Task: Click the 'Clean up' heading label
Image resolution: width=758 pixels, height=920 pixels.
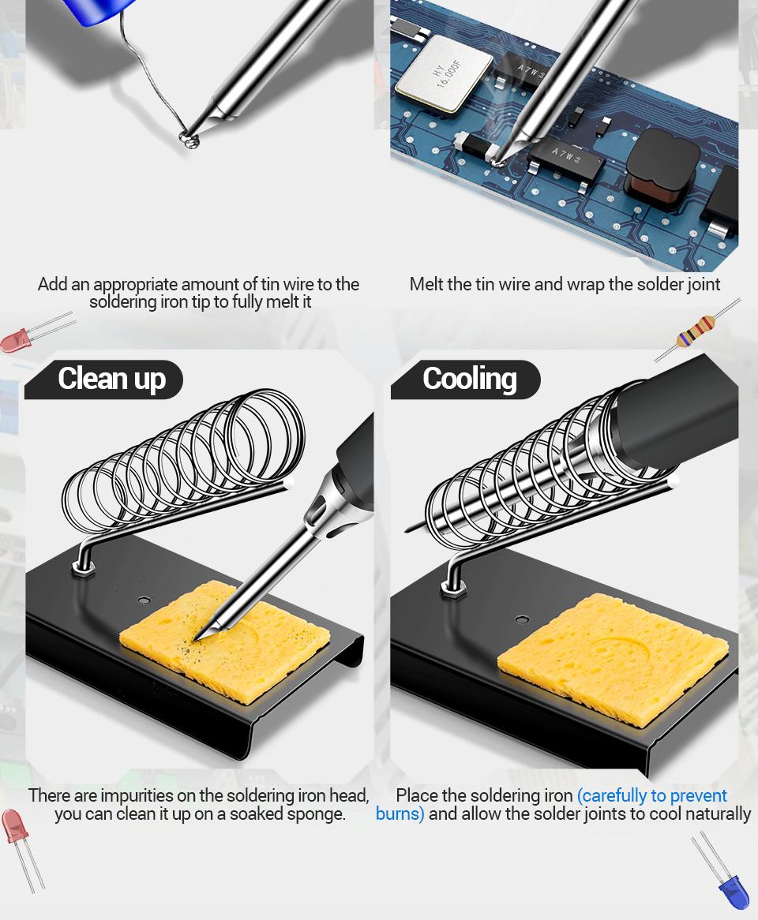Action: coord(111,379)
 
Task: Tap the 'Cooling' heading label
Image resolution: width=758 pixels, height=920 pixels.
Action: coord(469,379)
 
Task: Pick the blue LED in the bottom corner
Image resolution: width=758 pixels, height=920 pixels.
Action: coord(732,890)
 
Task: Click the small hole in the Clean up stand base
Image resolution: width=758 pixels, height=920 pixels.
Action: coord(144,600)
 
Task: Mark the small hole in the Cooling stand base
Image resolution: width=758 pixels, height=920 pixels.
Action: coord(522,619)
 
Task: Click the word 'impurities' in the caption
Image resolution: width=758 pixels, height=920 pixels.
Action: coord(150,795)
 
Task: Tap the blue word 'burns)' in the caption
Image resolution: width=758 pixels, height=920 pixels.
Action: coord(400,814)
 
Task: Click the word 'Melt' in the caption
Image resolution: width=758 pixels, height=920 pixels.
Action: coord(426,284)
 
